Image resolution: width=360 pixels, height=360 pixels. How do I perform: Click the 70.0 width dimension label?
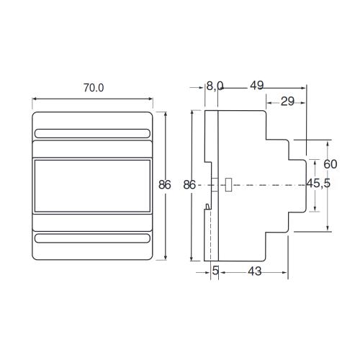[x=94, y=88]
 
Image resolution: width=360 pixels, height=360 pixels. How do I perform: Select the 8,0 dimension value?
[x=215, y=86]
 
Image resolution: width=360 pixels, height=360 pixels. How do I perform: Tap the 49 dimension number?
[x=256, y=86]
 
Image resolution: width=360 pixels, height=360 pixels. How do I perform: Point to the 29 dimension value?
[x=287, y=102]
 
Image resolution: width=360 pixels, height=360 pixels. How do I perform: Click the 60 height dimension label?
[x=330, y=164]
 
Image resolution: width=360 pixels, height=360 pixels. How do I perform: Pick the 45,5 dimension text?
[x=319, y=184]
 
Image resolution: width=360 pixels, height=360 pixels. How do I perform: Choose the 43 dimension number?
[x=254, y=271]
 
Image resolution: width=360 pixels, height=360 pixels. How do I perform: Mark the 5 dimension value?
[x=215, y=271]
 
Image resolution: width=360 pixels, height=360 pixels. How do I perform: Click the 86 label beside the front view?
[x=165, y=185]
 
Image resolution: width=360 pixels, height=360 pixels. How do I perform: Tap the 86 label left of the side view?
[x=189, y=185]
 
